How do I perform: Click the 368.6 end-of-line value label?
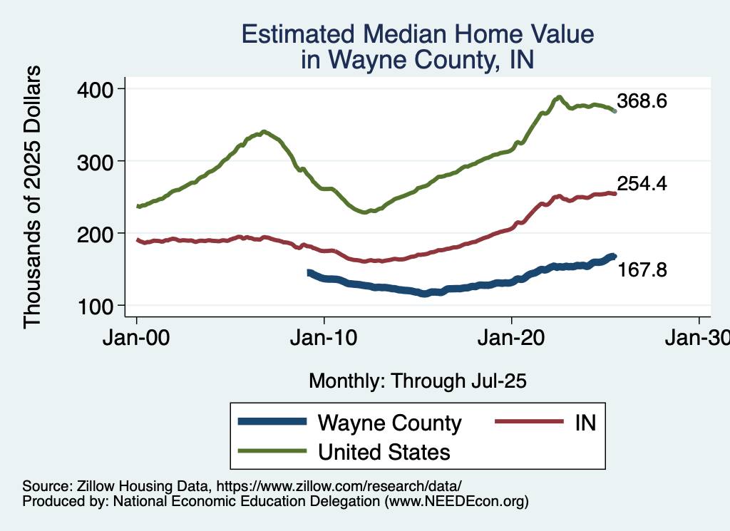click(642, 101)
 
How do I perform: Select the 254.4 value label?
click(642, 184)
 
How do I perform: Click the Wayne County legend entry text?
click(389, 423)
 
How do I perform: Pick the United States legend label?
click(384, 451)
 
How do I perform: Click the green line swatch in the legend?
click(274, 451)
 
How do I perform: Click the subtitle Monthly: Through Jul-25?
click(417, 381)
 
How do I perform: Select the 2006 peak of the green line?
click(264, 132)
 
